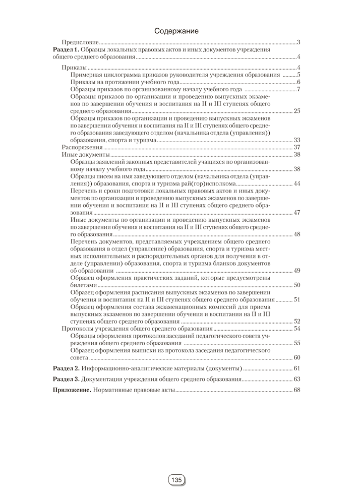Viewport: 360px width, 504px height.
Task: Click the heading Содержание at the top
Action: pos(176,31)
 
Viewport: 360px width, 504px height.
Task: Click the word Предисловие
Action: pos(80,43)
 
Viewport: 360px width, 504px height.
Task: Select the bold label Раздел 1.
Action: pos(67,50)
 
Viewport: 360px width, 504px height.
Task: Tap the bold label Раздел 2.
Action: pos(67,367)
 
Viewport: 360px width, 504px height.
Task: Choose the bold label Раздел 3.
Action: pos(67,379)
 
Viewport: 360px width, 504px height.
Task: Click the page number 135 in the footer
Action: pos(176,480)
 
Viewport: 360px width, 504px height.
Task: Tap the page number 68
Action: pos(297,390)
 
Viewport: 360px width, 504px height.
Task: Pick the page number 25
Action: pos(297,111)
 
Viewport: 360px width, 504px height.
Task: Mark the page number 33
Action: pos(297,140)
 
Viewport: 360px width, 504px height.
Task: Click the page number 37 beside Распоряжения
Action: pos(297,147)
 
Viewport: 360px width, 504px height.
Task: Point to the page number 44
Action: pos(297,183)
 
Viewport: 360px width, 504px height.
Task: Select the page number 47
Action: pos(297,213)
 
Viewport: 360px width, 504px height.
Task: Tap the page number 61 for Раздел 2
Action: pos(297,367)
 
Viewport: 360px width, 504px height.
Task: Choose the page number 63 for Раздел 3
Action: pos(297,379)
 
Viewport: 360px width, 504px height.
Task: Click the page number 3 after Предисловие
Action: pos(299,43)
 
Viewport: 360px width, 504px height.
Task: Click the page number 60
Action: pos(297,357)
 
